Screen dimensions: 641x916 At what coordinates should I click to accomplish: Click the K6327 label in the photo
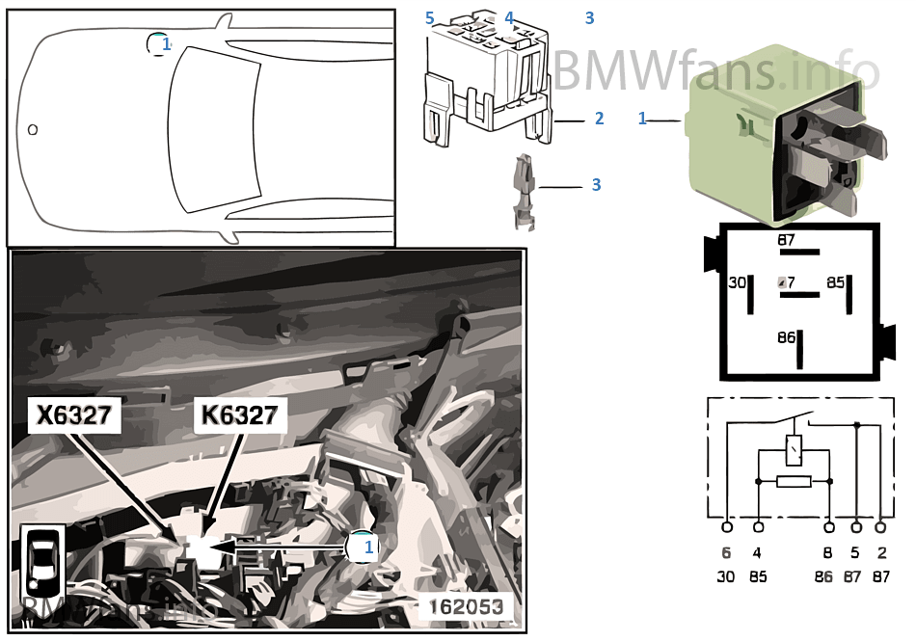tap(241, 415)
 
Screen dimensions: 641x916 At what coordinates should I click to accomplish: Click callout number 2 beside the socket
tap(599, 119)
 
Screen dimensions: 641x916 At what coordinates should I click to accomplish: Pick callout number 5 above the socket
tap(430, 18)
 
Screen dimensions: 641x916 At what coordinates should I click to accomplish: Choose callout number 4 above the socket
tap(509, 18)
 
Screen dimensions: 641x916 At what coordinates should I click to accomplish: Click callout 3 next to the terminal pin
tap(596, 184)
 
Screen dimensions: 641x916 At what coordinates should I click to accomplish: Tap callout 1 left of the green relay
tap(642, 119)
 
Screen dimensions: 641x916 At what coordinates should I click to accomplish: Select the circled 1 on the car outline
tap(159, 43)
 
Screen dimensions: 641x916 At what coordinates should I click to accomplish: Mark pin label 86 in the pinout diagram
tap(787, 338)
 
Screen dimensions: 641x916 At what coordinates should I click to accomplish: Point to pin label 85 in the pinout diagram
tap(835, 282)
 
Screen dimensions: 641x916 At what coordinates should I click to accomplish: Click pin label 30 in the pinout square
tap(737, 282)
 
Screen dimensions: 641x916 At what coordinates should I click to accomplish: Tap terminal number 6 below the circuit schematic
tap(727, 554)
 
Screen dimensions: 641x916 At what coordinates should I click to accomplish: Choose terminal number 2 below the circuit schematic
tap(881, 554)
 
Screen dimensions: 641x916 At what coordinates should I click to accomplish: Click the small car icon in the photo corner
tap(42, 562)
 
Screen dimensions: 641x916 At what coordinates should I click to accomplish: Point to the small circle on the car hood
tap(33, 128)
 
